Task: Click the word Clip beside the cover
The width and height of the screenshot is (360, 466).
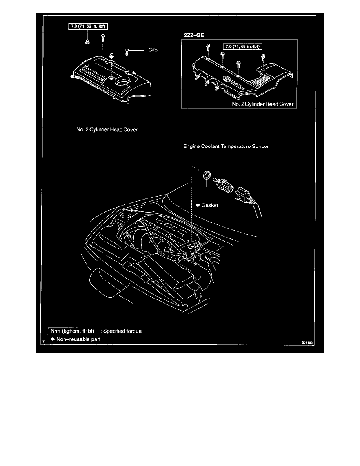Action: click(153, 50)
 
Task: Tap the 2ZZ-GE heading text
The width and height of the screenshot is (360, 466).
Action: click(195, 35)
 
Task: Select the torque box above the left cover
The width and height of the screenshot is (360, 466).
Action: click(88, 26)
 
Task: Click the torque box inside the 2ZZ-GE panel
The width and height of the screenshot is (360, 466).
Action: click(243, 46)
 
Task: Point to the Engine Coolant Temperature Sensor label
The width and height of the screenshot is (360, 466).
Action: click(226, 146)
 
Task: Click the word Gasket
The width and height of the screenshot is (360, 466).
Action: click(210, 205)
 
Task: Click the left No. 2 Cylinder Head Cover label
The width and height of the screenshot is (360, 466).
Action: click(107, 129)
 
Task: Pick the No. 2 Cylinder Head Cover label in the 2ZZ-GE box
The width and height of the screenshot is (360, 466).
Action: click(263, 104)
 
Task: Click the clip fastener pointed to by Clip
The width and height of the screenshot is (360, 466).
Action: click(127, 52)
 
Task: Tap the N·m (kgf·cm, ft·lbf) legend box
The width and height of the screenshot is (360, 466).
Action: click(73, 331)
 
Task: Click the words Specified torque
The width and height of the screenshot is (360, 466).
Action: click(122, 331)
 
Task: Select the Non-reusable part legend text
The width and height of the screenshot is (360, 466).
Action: click(78, 339)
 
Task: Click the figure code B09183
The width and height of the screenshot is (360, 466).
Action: click(307, 343)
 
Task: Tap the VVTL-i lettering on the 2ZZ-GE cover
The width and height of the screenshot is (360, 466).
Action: click(237, 85)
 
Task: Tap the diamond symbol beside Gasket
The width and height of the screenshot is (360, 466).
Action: click(198, 205)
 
